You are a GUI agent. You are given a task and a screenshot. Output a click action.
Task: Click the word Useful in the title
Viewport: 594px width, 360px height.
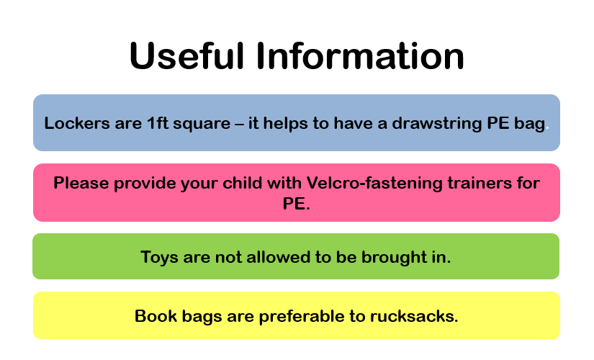click(186, 55)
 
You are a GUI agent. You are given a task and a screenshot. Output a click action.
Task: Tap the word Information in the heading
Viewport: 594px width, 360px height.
click(360, 55)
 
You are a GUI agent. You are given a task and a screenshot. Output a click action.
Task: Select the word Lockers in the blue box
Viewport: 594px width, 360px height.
click(77, 123)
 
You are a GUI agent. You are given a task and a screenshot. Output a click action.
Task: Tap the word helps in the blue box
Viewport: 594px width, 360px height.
click(285, 124)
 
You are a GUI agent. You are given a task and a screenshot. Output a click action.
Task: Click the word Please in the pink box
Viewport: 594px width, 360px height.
click(81, 183)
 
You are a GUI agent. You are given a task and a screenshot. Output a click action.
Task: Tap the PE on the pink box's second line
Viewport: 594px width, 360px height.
click(294, 204)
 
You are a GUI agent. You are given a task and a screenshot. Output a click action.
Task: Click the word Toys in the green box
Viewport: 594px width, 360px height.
click(160, 258)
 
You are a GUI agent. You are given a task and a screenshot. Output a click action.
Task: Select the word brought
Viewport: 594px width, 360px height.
click(394, 258)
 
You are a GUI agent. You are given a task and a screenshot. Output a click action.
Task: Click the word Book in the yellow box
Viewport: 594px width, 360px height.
click(156, 316)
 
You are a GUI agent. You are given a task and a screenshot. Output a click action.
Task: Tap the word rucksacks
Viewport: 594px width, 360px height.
click(414, 316)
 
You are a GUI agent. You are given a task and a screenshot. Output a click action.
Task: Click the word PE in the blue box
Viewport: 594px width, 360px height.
click(498, 123)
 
